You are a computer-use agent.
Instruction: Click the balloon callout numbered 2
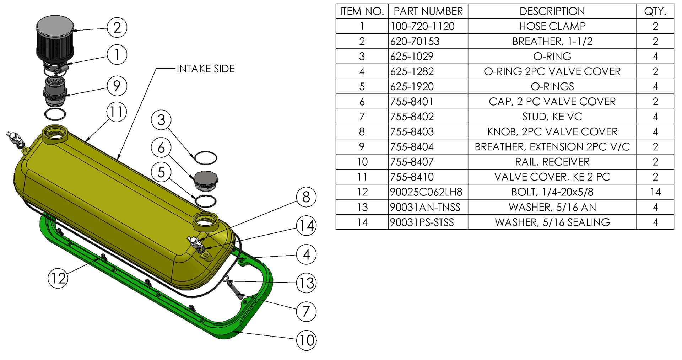coord(117,27)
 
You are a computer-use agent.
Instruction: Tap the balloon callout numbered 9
coord(117,86)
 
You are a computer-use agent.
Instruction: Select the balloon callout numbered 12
coord(58,278)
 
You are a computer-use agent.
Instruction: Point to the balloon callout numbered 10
coord(307,340)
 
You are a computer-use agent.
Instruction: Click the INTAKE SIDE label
coord(206,69)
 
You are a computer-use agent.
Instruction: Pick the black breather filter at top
coord(55,39)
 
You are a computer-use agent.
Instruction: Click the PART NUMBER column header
coord(428,11)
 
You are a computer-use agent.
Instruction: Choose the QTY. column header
coord(655,11)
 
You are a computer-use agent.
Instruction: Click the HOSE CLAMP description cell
coord(552,26)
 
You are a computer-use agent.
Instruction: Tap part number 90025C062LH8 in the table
coord(426,192)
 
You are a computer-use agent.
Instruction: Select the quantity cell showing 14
coord(655,192)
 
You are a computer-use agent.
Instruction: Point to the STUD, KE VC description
coord(552,117)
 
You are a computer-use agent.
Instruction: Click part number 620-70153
coord(415,41)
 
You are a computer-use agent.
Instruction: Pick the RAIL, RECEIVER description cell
coord(552,162)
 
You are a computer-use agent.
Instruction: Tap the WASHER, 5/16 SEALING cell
coord(552,222)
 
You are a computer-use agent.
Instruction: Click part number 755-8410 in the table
coord(412,177)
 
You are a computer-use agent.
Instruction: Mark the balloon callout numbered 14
coord(307,226)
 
